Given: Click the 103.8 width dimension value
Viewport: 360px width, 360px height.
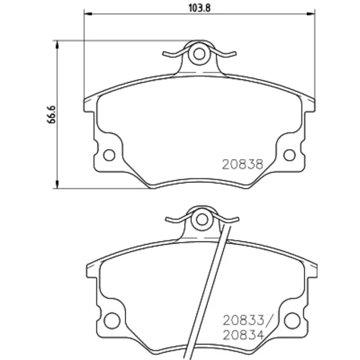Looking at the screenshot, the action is [x=199, y=8].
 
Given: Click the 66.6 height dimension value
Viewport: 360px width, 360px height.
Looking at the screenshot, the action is [x=52, y=114].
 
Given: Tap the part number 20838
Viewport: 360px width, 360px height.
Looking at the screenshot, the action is [x=243, y=165].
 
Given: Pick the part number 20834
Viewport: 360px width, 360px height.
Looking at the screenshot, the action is [x=243, y=335].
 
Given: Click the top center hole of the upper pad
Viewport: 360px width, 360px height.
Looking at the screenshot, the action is [x=199, y=54].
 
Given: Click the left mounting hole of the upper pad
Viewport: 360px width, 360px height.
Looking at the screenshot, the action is [x=109, y=155].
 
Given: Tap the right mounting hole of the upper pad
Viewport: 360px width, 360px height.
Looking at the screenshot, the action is [x=289, y=155].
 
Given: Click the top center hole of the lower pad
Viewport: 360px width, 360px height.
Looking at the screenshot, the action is [x=202, y=220].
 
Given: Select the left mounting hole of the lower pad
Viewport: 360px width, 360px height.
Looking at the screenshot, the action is [x=112, y=320].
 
